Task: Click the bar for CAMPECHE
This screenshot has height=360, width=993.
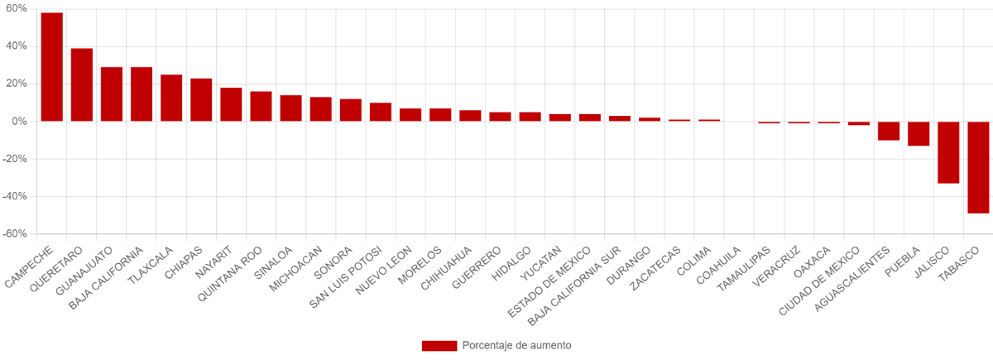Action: [x=52, y=67]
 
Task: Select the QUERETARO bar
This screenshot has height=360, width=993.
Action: [x=82, y=84]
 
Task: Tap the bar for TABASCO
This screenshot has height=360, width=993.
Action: [x=978, y=167]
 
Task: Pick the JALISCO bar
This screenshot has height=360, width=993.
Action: [x=948, y=152]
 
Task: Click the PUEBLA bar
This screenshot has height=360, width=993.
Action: [x=919, y=134]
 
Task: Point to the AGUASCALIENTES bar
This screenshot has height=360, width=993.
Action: [x=889, y=131]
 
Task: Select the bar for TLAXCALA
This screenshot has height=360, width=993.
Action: [x=171, y=98]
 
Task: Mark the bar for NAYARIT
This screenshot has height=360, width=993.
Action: [x=231, y=104]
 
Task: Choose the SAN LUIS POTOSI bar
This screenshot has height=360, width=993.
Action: [x=381, y=113]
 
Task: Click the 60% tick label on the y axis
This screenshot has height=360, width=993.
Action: [x=17, y=8]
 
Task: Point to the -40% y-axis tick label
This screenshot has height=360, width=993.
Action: [x=15, y=196]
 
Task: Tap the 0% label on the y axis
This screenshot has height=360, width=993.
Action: [x=20, y=122]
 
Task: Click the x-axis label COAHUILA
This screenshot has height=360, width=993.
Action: [x=718, y=266]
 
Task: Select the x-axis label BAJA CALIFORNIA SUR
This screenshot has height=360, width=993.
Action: [x=574, y=287]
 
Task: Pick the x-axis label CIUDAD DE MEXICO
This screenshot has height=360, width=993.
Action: [x=819, y=281]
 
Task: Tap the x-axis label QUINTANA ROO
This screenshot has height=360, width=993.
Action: [x=230, y=275]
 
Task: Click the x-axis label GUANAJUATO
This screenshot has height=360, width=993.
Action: [x=84, y=271]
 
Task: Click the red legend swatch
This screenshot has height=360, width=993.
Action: [x=439, y=346]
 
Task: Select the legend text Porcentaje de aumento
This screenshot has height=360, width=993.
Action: [x=517, y=345]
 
